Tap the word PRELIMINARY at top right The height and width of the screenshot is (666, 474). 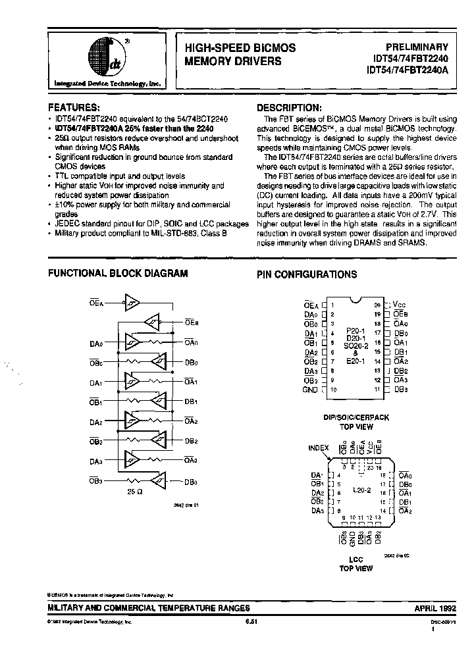point(416,47)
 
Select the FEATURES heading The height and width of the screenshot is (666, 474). point(74,106)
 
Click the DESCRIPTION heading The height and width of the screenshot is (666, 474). point(289,107)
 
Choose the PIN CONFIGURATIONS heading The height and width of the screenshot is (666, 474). point(307,274)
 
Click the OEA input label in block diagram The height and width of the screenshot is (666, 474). point(97,303)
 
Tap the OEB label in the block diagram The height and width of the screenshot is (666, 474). point(192,322)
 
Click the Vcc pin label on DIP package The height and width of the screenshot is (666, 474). point(399,305)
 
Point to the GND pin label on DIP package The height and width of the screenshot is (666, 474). point(309,390)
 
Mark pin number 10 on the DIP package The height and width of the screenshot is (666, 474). point(334,390)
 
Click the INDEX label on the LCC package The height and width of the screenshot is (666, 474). point(319,448)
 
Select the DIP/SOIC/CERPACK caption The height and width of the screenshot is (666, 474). point(356,417)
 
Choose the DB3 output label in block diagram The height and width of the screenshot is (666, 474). point(192,482)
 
